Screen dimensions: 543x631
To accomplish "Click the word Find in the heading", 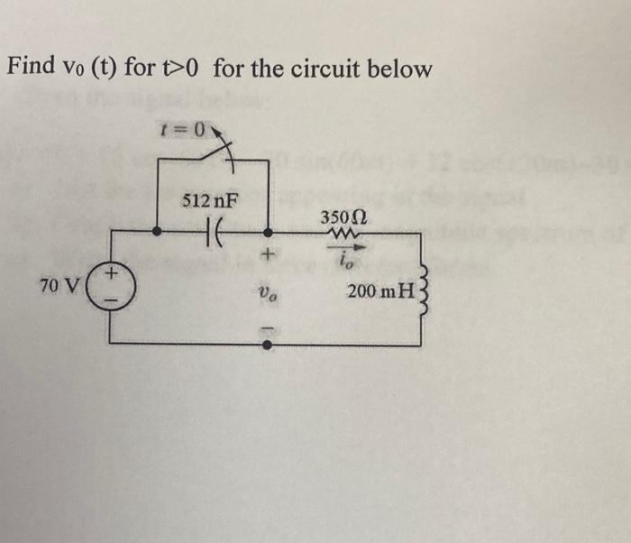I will (31, 68).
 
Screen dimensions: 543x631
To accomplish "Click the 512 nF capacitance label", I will (211, 202).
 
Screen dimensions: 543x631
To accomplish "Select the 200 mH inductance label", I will (379, 290).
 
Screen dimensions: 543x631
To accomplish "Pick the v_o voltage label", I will (267, 292).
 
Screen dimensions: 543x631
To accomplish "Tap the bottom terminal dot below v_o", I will (268, 344).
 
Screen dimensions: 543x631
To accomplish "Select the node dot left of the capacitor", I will (158, 231).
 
